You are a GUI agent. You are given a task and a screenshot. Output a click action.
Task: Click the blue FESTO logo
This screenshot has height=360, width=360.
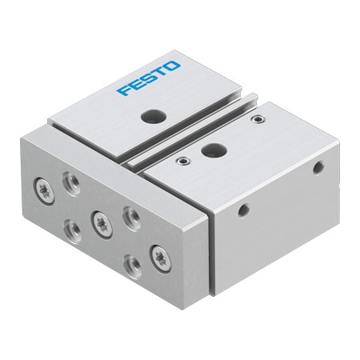pyautogui.click(x=150, y=77)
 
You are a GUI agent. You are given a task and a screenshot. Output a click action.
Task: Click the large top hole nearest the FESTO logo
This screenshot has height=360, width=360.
pyautogui.click(x=150, y=117)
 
